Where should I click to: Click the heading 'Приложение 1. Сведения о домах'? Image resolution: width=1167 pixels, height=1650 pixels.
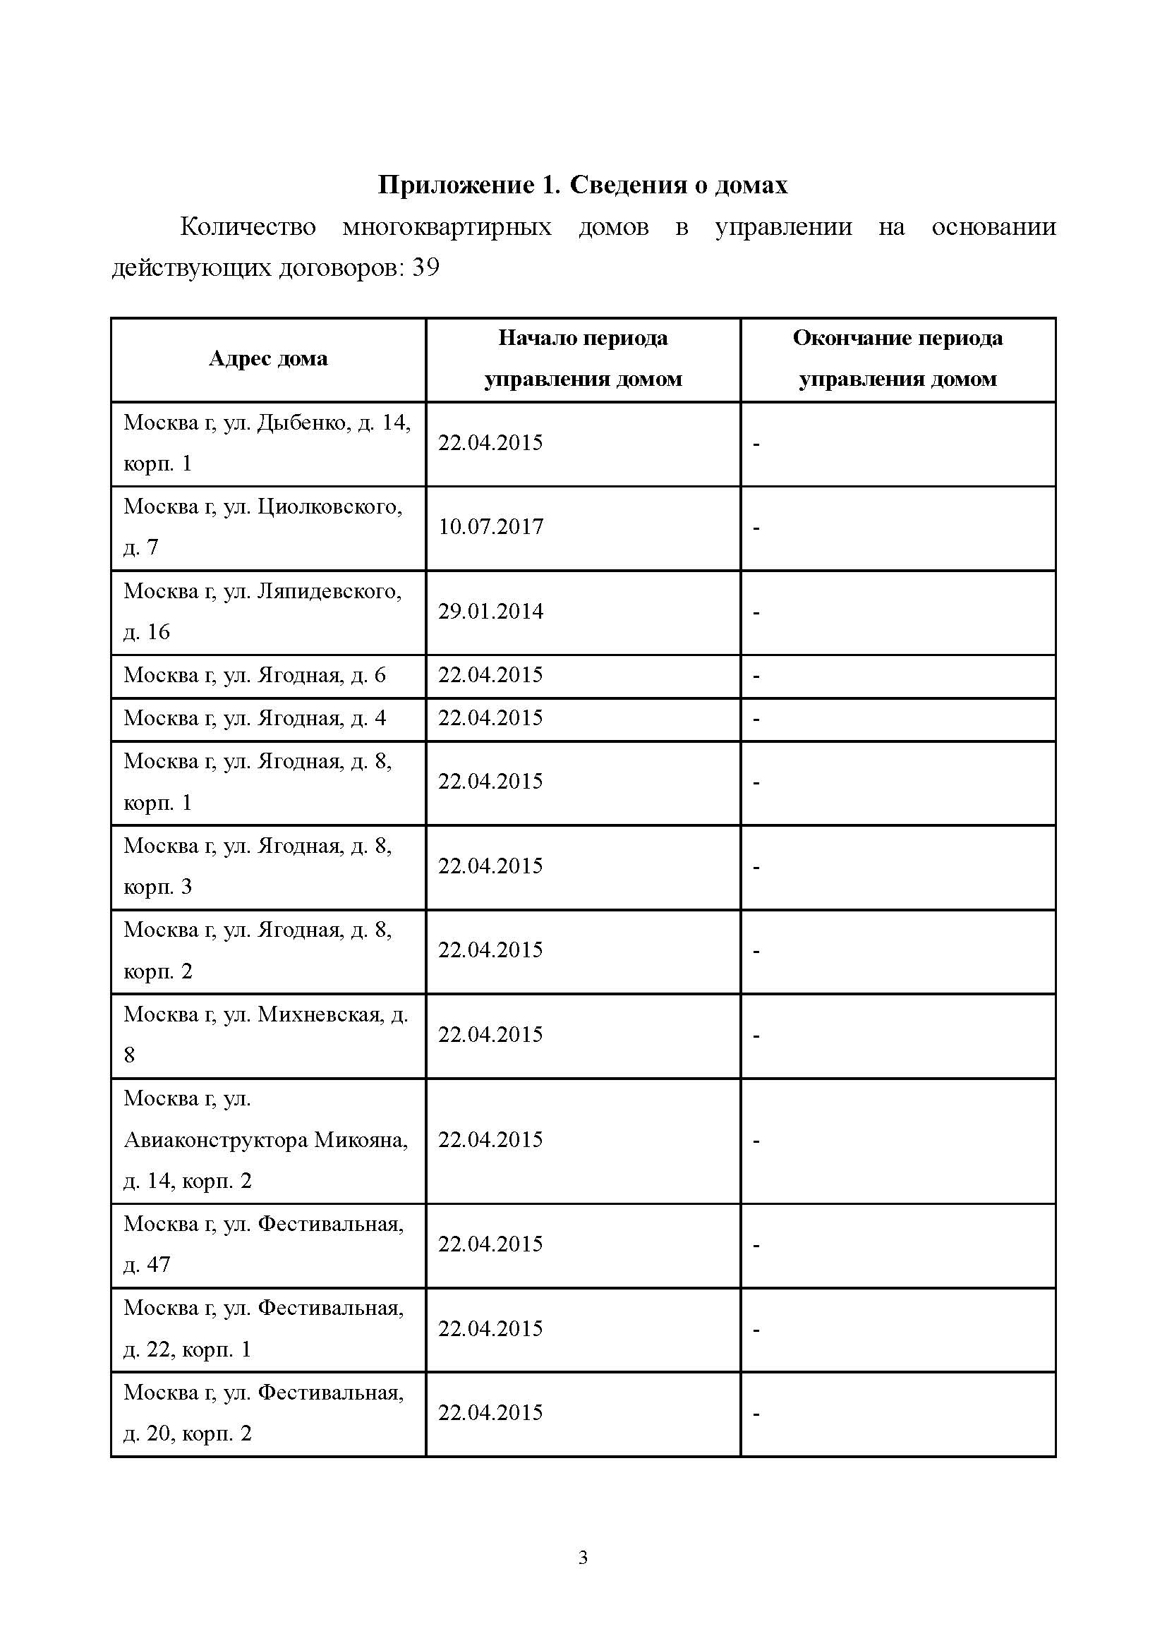[x=583, y=186]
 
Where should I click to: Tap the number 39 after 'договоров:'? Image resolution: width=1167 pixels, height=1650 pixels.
[x=425, y=268]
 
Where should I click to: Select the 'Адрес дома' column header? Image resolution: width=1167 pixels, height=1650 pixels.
[x=268, y=358]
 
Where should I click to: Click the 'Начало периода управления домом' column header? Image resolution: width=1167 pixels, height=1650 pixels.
[x=583, y=358]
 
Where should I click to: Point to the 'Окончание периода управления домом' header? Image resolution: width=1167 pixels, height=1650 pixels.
[x=897, y=358]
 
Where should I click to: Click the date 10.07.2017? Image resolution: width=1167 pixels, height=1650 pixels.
[x=491, y=527]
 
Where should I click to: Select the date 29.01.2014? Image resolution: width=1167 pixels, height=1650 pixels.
[x=491, y=612]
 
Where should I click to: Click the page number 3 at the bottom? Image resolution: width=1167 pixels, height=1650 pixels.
[x=583, y=1558]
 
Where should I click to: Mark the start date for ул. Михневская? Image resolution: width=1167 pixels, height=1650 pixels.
[x=491, y=1035]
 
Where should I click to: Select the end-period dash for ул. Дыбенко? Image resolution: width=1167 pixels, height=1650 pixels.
[x=756, y=444]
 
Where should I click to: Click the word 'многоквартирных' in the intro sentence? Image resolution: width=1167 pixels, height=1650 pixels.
[x=447, y=227]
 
